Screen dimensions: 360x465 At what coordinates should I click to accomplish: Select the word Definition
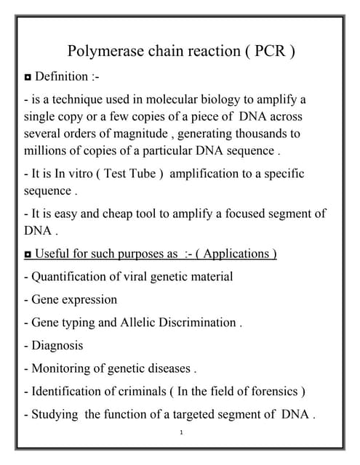64,76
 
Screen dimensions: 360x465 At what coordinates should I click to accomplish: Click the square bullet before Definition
28,77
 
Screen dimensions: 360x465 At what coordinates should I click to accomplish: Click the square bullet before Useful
28,254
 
